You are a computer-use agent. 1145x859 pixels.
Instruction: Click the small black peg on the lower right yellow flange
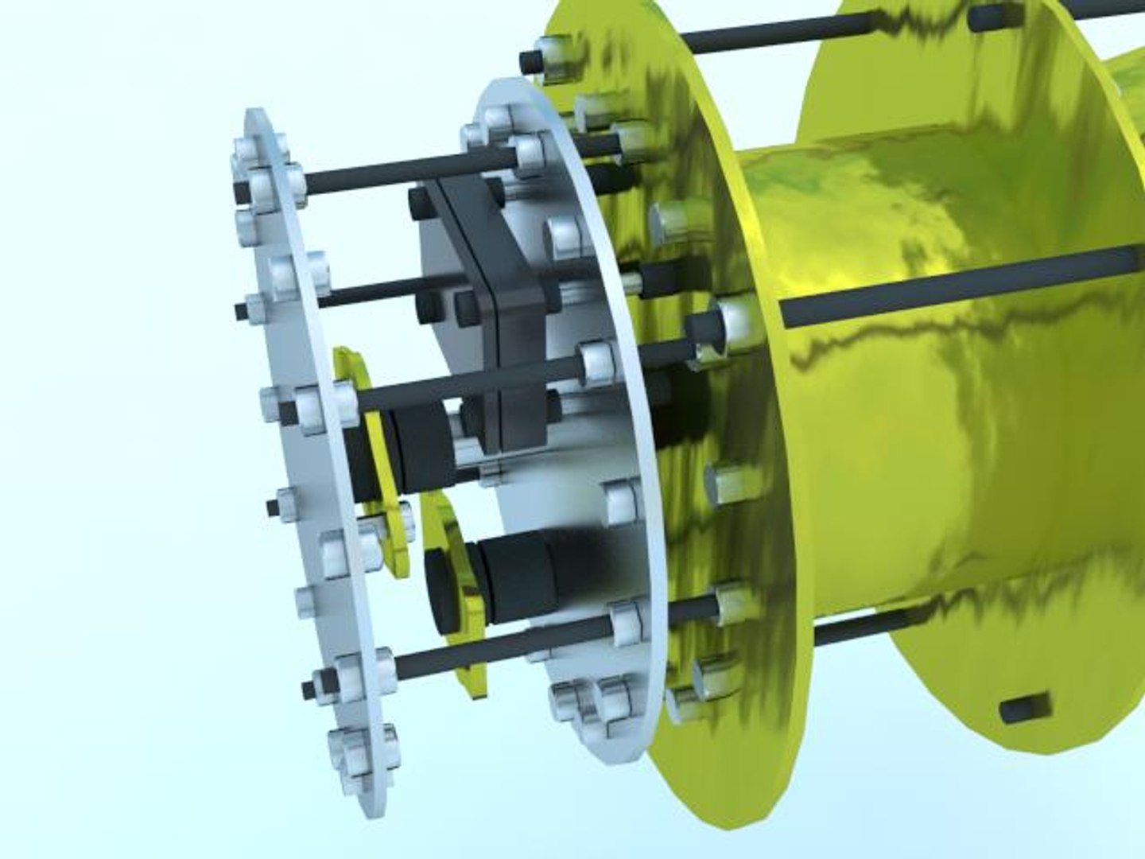click(x=1026, y=706)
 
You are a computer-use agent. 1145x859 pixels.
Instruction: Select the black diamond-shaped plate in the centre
click(x=493, y=318)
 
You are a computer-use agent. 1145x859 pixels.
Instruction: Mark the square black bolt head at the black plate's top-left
click(x=418, y=203)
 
